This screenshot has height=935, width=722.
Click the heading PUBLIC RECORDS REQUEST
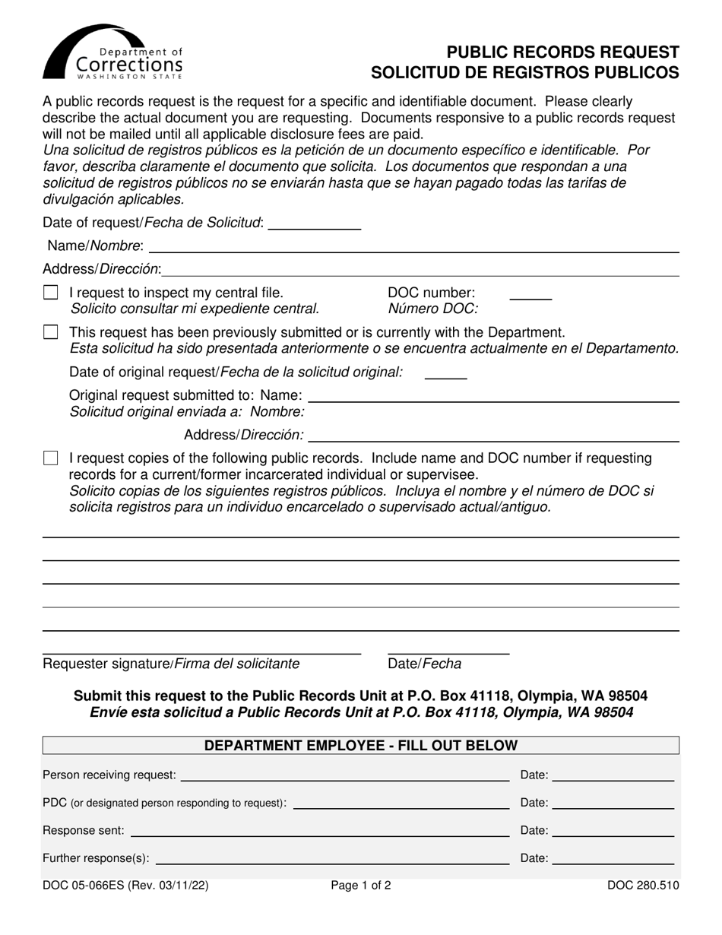562,52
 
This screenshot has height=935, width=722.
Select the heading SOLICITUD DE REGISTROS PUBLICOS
524,73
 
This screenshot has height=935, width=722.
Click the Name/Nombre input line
414,248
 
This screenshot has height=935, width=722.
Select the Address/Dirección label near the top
102,269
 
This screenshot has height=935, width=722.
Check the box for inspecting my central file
51,293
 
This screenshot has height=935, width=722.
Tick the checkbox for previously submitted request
51,332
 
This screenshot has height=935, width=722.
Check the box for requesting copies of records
51,458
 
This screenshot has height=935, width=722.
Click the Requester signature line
201,651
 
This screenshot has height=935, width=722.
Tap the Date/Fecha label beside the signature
424,664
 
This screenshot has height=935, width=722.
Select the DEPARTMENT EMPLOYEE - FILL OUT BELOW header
361,746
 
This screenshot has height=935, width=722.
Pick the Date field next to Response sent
613,832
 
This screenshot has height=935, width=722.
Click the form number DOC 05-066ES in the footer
84,885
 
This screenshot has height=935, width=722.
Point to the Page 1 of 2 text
361,885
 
